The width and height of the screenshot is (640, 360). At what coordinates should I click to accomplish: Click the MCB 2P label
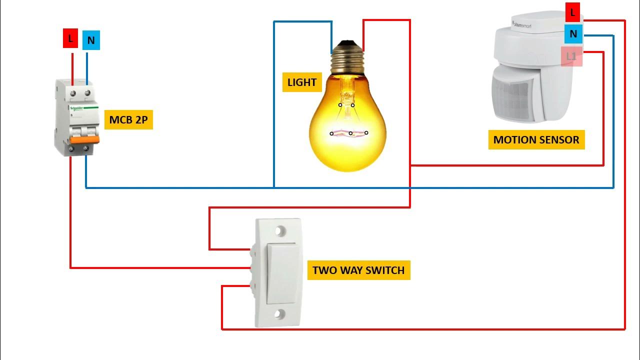pyautogui.click(x=128, y=120)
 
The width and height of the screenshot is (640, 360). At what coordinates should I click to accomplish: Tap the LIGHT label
pyautogui.click(x=302, y=82)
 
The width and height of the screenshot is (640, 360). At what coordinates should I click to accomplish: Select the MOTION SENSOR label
pyautogui.click(x=536, y=140)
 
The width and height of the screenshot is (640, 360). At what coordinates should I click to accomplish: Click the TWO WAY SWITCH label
pyautogui.click(x=358, y=270)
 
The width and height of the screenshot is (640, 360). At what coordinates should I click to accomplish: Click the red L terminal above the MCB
pyautogui.click(x=70, y=38)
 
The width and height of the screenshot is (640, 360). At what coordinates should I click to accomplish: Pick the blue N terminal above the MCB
pyautogui.click(x=90, y=40)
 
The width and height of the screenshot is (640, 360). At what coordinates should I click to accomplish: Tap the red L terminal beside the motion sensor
pyautogui.click(x=573, y=12)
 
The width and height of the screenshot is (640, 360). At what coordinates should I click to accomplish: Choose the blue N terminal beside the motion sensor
pyautogui.click(x=573, y=34)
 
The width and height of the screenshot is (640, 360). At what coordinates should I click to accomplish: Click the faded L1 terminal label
pyautogui.click(x=571, y=56)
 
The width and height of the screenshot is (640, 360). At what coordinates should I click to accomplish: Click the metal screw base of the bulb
pyautogui.click(x=347, y=57)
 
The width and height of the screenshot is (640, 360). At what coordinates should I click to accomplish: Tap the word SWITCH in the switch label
pyautogui.click(x=385, y=270)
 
